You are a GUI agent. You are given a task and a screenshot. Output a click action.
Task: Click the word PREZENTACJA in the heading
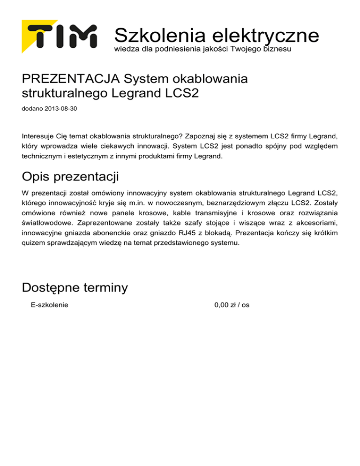[x=71, y=78]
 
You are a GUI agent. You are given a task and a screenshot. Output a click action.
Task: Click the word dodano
[x=31, y=109]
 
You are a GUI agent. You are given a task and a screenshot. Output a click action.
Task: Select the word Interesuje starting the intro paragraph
[x=40, y=135]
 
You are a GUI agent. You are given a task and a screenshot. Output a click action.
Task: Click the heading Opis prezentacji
[x=70, y=177]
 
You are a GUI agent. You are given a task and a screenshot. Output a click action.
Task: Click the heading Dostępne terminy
[x=75, y=287]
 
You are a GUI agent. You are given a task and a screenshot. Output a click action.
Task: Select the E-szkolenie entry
[x=49, y=305]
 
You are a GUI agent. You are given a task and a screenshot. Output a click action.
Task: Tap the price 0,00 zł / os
[x=232, y=305]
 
